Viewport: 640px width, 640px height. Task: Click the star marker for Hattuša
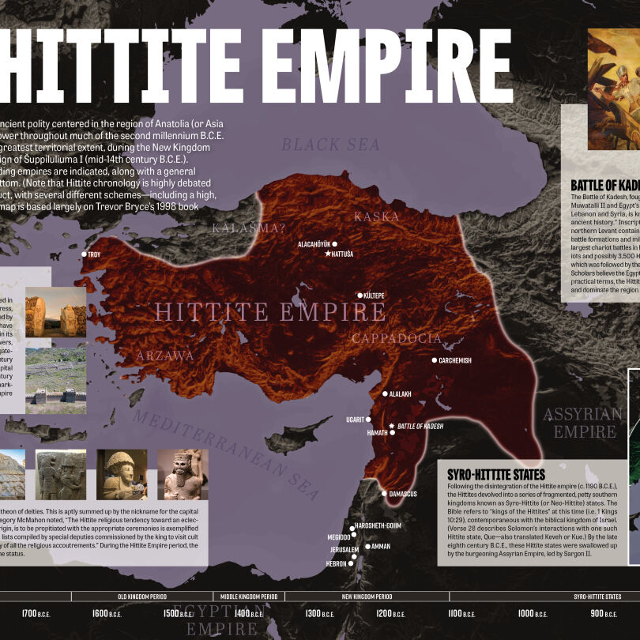point(328,254)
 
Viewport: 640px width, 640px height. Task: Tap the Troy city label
point(94,254)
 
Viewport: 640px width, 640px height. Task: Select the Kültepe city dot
point(360,296)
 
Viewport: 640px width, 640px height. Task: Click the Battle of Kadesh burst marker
point(391,426)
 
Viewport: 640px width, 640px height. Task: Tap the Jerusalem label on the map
point(344,549)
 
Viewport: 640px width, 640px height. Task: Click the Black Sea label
point(331,145)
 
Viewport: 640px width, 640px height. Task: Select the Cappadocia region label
point(396,338)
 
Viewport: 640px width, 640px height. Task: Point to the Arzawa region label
point(164,356)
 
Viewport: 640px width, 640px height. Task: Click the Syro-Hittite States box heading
point(495,475)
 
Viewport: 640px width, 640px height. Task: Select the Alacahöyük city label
point(314,244)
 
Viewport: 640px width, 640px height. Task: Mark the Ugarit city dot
point(369,420)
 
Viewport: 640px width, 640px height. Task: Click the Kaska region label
point(377,216)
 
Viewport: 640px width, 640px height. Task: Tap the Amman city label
point(380,546)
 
